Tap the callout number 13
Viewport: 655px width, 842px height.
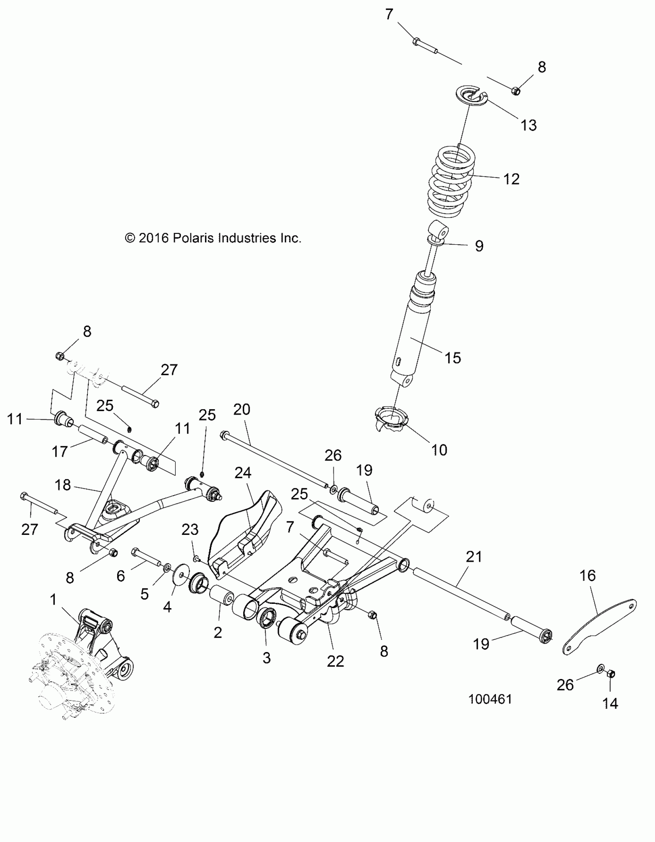[528, 125]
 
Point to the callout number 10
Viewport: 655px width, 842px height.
[439, 450]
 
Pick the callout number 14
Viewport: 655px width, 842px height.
[610, 704]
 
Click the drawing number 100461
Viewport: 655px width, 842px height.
[490, 699]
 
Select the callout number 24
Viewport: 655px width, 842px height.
[243, 473]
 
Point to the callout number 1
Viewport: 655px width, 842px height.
[53, 600]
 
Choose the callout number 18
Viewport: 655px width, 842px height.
[63, 485]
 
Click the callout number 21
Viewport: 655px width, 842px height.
[474, 557]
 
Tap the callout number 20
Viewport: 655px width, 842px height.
[242, 409]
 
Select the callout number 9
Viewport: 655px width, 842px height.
[479, 245]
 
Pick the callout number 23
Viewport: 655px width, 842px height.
[190, 530]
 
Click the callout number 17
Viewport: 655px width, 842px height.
[60, 452]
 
